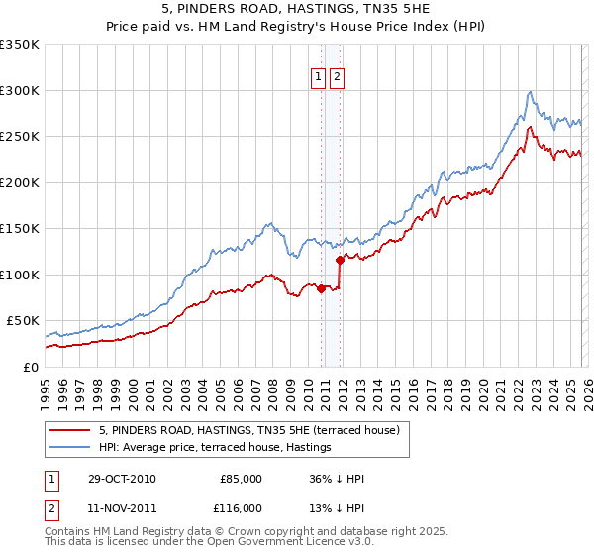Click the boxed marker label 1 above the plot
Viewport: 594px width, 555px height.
pos(318,77)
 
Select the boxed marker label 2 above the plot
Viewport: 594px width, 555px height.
pos(337,77)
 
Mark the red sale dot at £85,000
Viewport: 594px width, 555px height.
pos(321,288)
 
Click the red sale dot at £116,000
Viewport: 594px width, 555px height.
pos(340,260)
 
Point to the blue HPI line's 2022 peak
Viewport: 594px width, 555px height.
pos(531,92)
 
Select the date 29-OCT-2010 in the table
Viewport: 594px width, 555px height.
pos(121,479)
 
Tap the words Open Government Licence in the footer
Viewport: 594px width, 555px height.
pos(267,545)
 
